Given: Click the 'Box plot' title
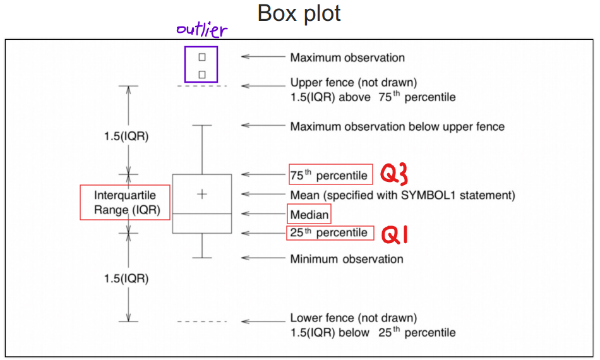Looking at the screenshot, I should coord(299,14).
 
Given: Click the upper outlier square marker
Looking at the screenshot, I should coord(202,57).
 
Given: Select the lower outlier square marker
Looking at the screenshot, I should coord(202,75).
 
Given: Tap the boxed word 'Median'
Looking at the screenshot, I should coord(309,215).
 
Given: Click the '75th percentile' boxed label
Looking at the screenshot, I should coord(328,175).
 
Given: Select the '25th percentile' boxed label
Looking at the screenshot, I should coord(328,233).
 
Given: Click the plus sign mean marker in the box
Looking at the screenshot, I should coord(202,194).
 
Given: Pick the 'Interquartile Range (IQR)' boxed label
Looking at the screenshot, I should coord(125,202).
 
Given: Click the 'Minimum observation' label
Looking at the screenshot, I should coord(346,259).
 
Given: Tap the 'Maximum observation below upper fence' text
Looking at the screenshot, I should coord(397,127).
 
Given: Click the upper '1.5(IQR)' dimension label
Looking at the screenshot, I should coord(126,136).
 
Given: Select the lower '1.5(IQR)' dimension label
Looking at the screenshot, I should coord(126,278).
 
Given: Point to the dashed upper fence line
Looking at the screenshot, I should coord(201,85).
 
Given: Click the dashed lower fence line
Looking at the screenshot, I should coord(201,321).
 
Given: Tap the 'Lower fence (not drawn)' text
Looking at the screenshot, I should coord(353,318).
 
